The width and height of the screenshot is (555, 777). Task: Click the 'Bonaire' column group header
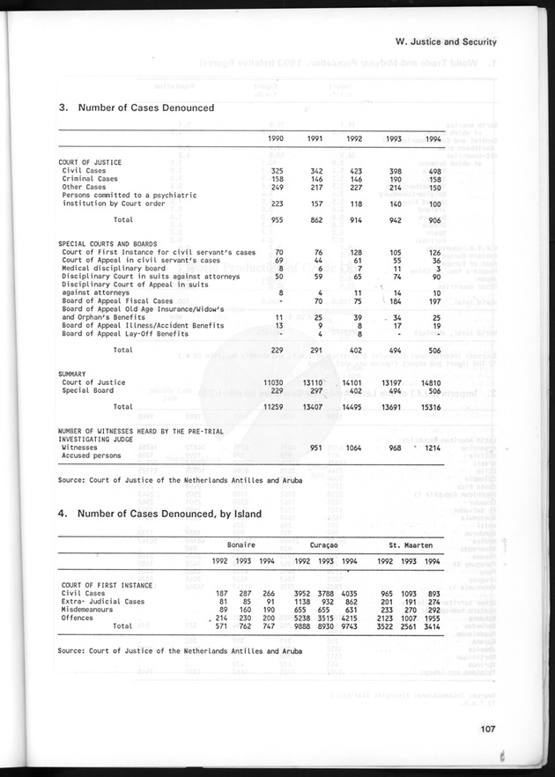pyautogui.click(x=240, y=545)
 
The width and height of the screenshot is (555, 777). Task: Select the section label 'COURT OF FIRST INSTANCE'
pyautogui.click(x=105, y=585)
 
